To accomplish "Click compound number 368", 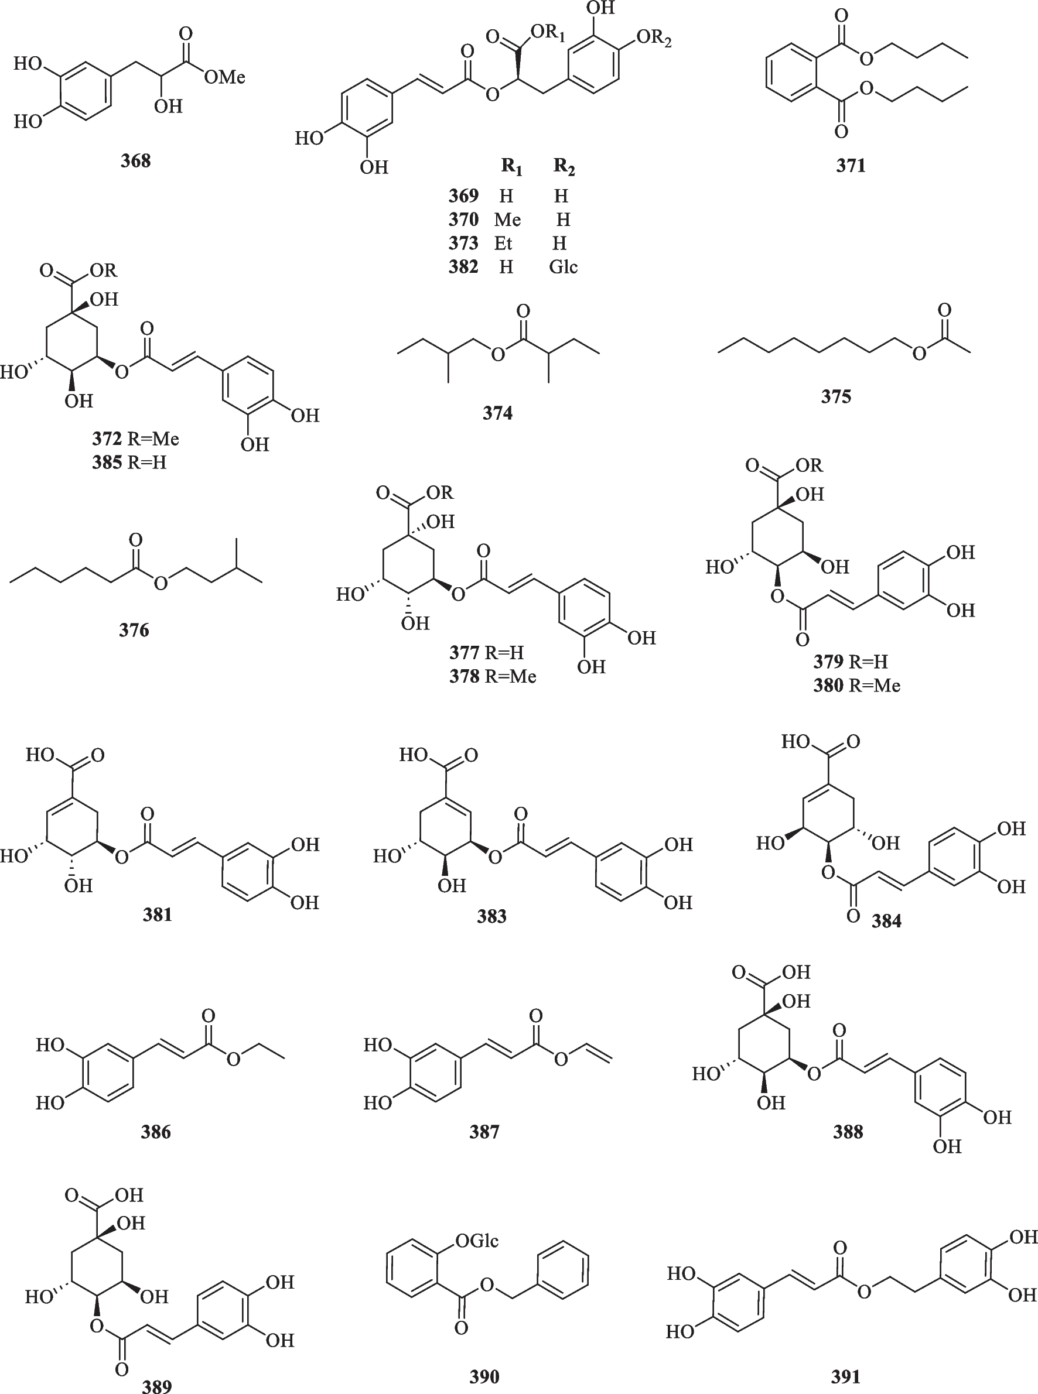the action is point(136,161).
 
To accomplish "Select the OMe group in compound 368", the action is point(224,77).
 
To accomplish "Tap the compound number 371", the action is point(851,166).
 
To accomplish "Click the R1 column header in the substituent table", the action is point(511,166).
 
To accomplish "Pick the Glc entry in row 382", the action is point(563,267).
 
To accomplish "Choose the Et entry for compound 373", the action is point(503,243).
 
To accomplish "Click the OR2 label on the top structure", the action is point(654,39).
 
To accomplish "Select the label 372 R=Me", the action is point(136,439).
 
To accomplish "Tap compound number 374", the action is point(498,413).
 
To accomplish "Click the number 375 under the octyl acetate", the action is point(836,396).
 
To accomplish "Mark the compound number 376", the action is point(134,630).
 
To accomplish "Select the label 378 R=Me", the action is point(493,676).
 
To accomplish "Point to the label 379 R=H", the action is point(850,661).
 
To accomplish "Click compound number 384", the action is point(886,921).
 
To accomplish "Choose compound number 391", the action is point(846,1376).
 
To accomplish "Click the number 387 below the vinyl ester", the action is point(484,1132).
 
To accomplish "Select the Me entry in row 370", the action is point(507,220).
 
